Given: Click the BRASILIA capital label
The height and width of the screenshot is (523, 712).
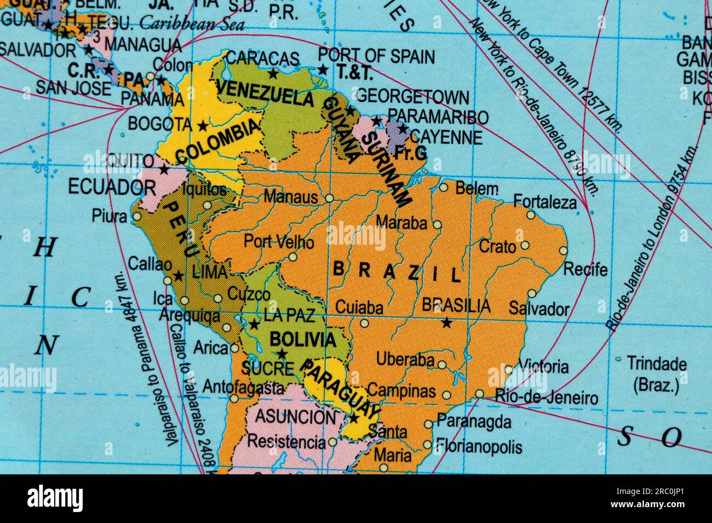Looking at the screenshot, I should (456, 305).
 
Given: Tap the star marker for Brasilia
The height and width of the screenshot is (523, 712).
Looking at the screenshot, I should (446, 323).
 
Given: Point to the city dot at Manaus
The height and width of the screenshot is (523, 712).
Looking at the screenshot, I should (329, 198).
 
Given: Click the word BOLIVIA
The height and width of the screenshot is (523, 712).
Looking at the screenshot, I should (302, 340).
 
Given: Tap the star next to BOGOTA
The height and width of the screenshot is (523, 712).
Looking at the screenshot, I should (203, 126).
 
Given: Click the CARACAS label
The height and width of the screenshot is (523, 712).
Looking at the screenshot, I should (263, 57).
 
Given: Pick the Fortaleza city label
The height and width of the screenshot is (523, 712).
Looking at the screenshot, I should (545, 203).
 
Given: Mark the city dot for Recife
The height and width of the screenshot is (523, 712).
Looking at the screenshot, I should (564, 251).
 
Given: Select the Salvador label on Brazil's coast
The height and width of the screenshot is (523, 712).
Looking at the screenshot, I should (539, 309).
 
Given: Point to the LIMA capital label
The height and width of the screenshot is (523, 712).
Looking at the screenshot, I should (209, 272).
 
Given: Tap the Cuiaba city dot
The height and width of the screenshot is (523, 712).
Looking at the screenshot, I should (364, 323).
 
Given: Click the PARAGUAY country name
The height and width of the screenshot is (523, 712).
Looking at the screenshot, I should (341, 387).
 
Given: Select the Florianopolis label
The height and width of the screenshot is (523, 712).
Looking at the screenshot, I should (479, 448).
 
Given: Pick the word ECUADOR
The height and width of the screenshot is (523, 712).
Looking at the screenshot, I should (104, 187).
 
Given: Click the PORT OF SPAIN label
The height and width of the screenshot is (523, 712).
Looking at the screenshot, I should (376, 56).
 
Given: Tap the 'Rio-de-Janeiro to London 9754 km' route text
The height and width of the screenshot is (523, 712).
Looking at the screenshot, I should (652, 239).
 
